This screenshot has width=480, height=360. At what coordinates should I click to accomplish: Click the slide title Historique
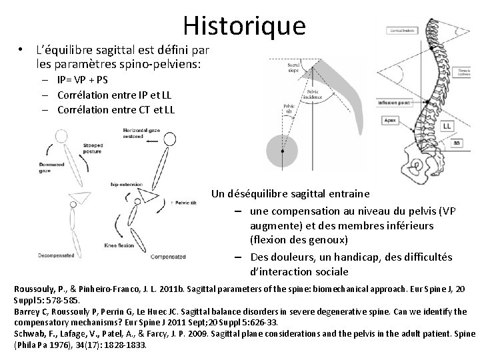click(244, 25)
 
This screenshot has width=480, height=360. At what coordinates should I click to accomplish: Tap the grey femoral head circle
click(283, 153)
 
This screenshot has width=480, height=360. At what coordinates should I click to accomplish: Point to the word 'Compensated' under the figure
click(169, 255)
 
